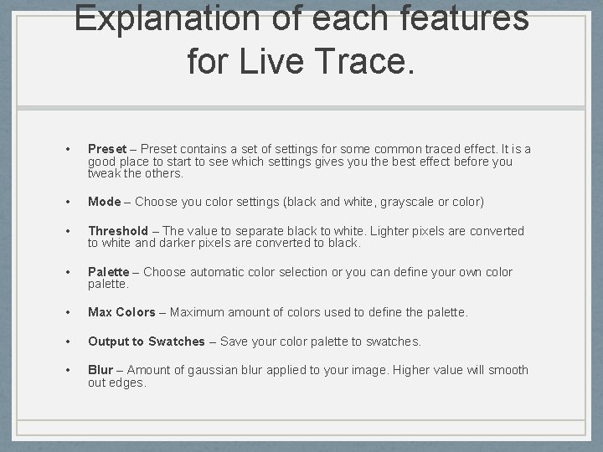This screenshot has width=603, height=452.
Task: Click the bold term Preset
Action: pos(107,150)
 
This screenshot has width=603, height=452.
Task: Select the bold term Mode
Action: pos(105,202)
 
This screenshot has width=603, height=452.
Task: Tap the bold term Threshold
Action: pos(118,231)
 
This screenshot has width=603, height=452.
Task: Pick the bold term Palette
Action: pos(109,272)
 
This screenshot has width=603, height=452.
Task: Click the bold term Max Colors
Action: pos(121,312)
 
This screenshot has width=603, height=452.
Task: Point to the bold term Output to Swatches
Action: pos(147,342)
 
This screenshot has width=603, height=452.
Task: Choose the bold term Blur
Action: pos(100,370)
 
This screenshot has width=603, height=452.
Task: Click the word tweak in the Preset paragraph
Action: pos(104,173)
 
